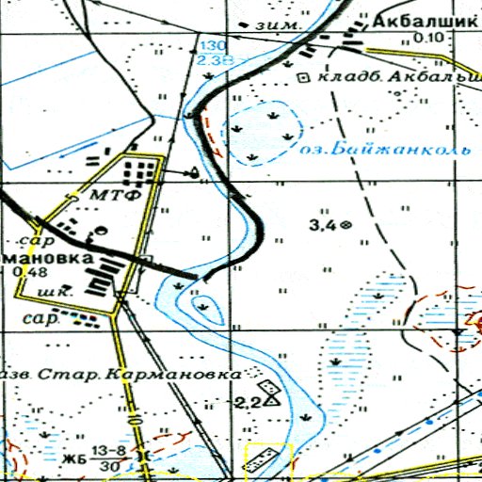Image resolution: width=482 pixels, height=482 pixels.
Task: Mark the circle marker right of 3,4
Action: click(346, 225)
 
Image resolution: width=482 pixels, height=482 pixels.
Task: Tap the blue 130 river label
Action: click(213, 46)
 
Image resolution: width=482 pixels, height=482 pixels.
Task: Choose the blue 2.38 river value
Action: click(215, 59)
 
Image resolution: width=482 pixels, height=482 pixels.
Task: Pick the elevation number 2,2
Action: click(249, 403)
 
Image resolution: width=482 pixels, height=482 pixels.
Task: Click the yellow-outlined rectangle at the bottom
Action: click(269, 458)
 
